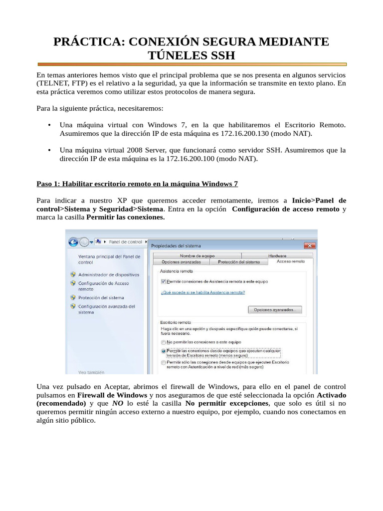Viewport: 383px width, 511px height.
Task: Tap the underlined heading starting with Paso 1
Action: pos(137,184)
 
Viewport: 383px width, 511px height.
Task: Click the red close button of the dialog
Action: pos(310,246)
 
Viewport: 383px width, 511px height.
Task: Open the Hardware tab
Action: pos(277,255)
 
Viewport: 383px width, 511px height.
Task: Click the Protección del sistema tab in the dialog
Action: pos(239,261)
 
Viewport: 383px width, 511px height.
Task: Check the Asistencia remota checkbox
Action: pos(163,281)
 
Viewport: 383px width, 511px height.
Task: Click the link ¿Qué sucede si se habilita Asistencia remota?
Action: pos(203,292)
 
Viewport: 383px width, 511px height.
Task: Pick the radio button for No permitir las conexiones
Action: pos(163,342)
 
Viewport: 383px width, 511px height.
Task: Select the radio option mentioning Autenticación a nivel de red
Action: pos(163,363)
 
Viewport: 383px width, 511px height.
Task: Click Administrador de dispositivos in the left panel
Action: pos(108,274)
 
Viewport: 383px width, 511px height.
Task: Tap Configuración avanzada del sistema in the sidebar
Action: pos(106,309)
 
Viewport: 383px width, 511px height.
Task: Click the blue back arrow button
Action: pos(73,242)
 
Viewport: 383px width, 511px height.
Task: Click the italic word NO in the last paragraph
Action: pos(117,403)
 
